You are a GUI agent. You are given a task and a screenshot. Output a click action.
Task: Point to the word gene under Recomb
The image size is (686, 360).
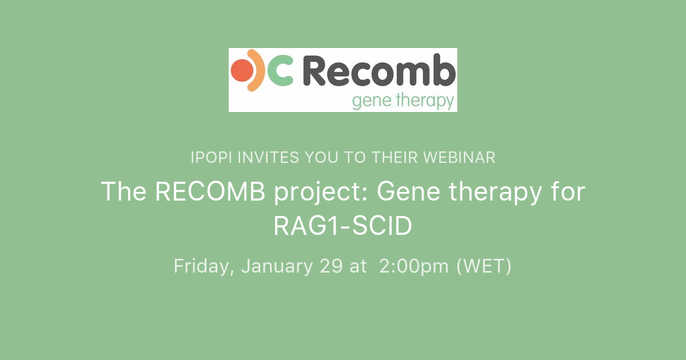(371, 102)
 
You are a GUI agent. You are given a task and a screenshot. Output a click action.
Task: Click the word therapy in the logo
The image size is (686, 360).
(424, 102)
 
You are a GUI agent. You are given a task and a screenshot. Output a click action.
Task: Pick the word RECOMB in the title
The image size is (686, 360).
(210, 192)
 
